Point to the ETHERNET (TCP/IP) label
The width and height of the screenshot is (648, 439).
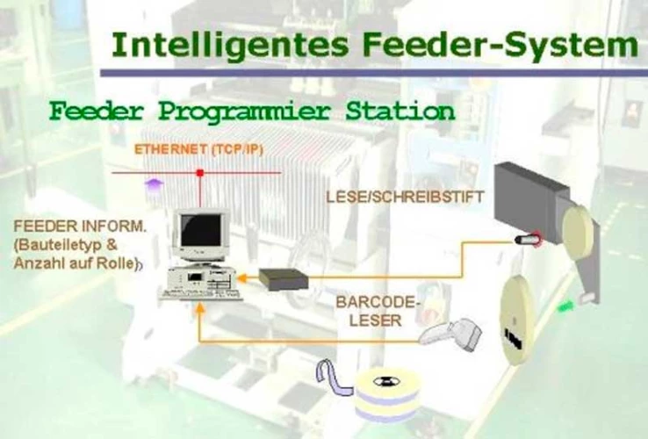pyautogui.click(x=198, y=150)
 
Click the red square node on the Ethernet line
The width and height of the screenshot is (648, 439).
pyautogui.click(x=200, y=173)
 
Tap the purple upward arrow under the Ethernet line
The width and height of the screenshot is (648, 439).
pyautogui.click(x=155, y=183)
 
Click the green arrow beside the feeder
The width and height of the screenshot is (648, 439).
pyautogui.click(x=566, y=306)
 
